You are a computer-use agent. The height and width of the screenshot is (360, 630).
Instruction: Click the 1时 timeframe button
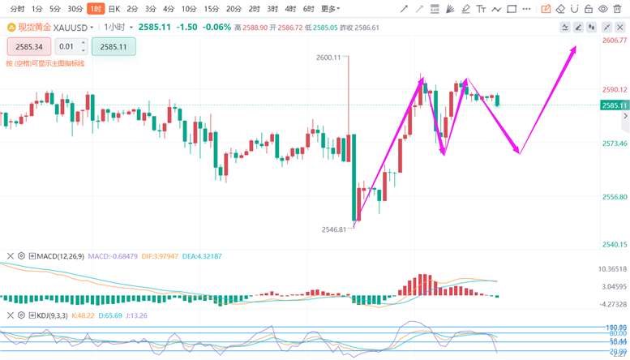click(96, 9)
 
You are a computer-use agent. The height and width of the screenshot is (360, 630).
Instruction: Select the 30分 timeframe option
click(75, 9)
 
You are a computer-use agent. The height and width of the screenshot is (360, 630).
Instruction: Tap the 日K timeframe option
click(114, 9)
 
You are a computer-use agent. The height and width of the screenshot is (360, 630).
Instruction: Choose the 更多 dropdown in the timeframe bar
click(329, 9)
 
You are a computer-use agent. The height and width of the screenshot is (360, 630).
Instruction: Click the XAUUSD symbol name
click(71, 27)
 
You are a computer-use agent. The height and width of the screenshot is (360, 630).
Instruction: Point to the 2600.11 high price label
click(328, 58)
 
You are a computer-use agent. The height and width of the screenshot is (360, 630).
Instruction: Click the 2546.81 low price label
click(333, 229)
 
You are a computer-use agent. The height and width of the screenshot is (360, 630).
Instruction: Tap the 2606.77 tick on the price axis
click(615, 40)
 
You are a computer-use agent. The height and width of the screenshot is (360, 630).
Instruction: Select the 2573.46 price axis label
click(615, 143)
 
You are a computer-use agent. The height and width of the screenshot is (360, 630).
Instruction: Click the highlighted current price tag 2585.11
click(615, 105)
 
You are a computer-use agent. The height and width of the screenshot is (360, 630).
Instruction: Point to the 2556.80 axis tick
click(615, 197)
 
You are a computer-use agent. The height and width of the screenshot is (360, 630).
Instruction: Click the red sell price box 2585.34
click(28, 47)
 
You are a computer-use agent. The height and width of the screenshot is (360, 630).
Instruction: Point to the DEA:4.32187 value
click(201, 256)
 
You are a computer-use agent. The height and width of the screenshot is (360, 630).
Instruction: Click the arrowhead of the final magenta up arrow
click(573, 49)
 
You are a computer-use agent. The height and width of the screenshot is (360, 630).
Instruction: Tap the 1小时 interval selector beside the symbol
click(118, 27)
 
